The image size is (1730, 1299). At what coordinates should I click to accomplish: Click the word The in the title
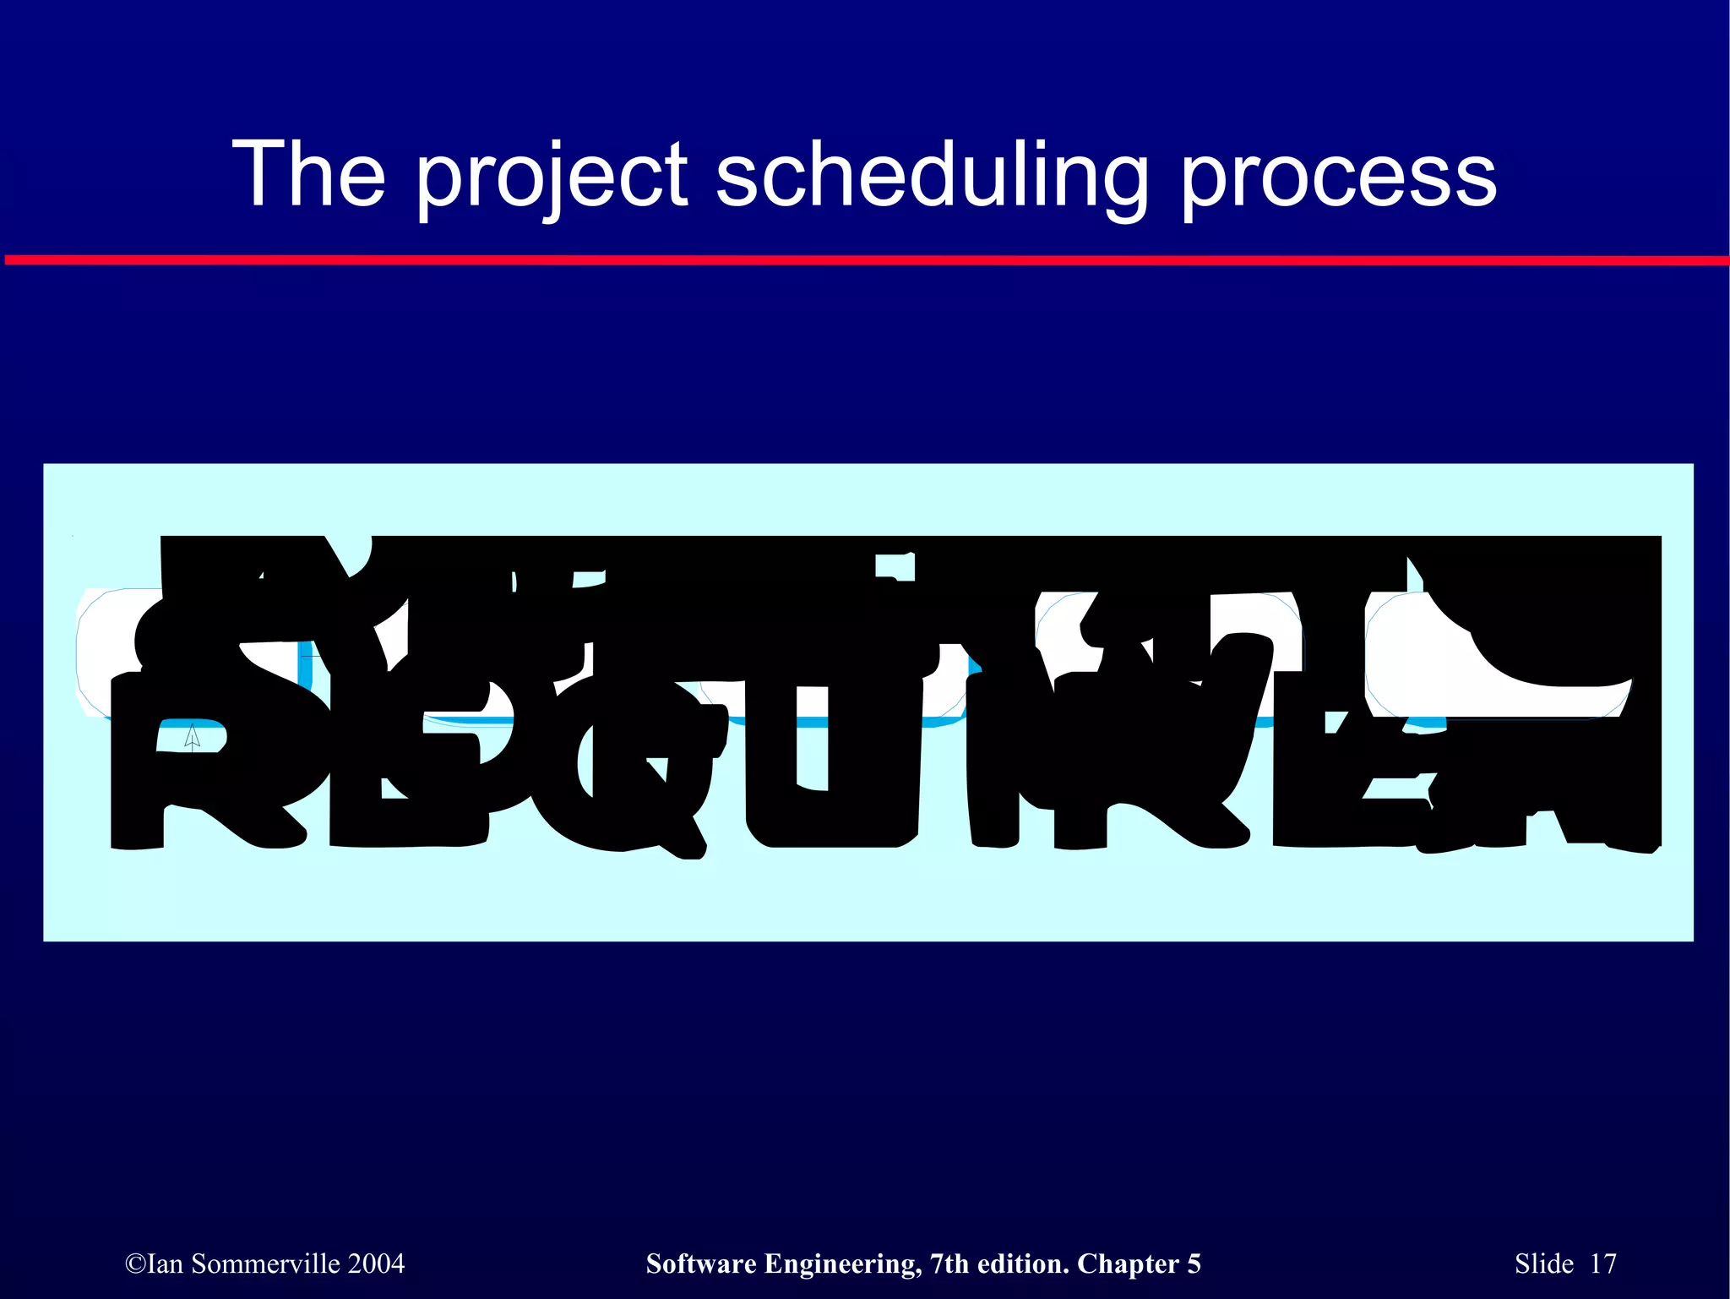coord(308,174)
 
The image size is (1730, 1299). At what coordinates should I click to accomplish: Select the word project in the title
coord(552,177)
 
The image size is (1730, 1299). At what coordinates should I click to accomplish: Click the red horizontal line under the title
coord(865,260)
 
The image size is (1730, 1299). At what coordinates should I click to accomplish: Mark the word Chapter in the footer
coord(1128,1264)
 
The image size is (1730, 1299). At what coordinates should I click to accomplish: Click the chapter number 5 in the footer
coord(1194,1264)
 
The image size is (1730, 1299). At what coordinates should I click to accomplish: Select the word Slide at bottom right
coord(1543,1264)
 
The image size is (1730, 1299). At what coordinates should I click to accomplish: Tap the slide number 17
coord(1602,1264)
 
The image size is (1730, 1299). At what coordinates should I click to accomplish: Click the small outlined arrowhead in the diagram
coord(193,736)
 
